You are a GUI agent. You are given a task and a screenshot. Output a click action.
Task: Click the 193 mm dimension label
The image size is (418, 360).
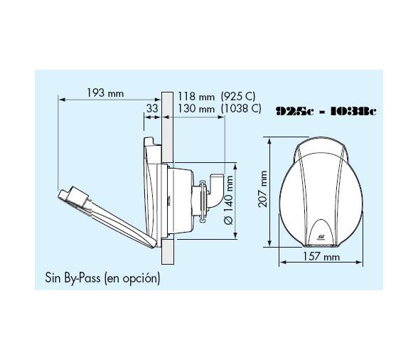click(105, 93)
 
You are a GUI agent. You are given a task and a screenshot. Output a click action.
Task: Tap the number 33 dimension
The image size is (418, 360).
click(152, 109)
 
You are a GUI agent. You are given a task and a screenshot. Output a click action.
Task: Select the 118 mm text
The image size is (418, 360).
click(196, 96)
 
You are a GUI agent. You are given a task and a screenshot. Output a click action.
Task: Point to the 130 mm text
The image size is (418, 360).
click(196, 109)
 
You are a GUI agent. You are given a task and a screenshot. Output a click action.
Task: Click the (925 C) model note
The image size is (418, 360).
click(238, 96)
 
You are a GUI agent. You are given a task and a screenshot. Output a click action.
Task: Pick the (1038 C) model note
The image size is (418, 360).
click(241, 109)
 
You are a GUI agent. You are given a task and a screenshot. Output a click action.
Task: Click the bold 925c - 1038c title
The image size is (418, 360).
click(326, 111)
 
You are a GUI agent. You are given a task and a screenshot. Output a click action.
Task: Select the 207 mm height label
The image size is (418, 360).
click(263, 189)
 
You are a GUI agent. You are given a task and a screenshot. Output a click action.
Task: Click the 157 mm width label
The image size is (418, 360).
click(321, 256)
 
